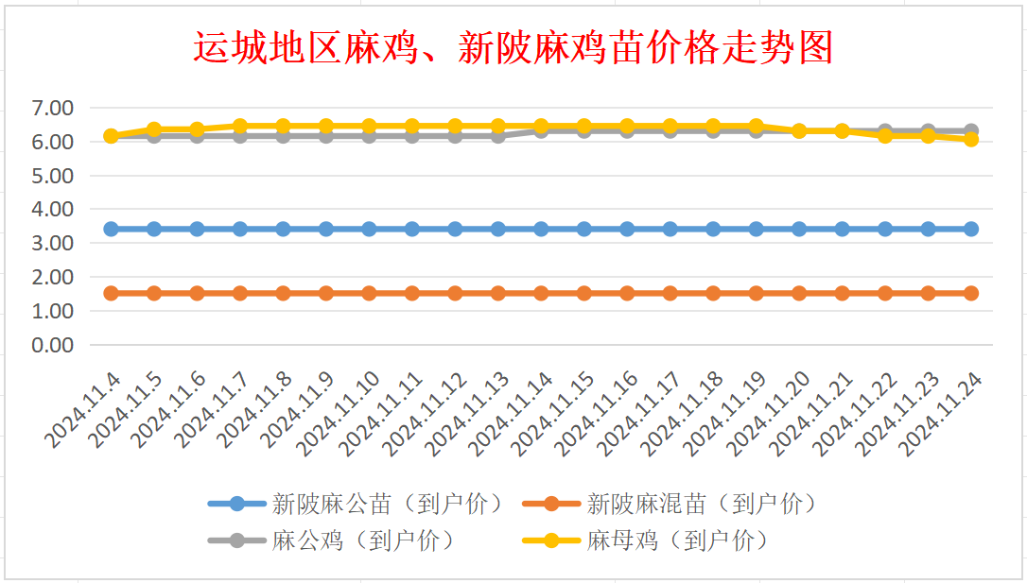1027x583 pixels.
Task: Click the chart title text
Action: coord(513,47)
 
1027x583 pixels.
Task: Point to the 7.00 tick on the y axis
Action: coord(52,108)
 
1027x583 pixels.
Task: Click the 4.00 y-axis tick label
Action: coord(52,209)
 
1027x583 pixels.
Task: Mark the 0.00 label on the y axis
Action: coord(52,345)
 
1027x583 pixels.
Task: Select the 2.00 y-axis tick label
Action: coord(52,277)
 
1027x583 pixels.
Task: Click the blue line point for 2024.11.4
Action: coord(111,229)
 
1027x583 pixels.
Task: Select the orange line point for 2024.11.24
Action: coord(971,293)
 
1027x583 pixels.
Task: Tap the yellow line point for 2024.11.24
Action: coord(971,139)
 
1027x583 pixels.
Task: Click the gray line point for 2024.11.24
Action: coord(971,130)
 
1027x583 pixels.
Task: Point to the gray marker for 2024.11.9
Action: coord(326,136)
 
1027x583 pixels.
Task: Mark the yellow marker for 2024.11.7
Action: coord(240,126)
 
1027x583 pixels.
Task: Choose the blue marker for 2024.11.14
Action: coord(541,229)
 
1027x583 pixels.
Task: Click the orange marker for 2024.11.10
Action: coord(369,293)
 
